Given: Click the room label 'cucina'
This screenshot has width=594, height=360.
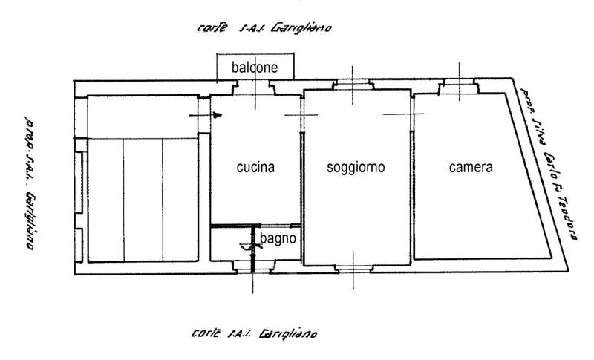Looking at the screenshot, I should pyautogui.click(x=255, y=168).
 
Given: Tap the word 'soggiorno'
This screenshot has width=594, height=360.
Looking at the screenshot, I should pyautogui.click(x=356, y=168).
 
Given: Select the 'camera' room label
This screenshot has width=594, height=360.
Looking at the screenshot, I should pyautogui.click(x=471, y=168).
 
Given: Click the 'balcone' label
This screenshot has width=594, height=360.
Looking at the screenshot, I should pyautogui.click(x=254, y=67).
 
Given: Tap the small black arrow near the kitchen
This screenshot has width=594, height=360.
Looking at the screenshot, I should pyautogui.click(x=218, y=115).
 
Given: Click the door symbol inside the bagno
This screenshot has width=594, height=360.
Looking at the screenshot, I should pyautogui.click(x=249, y=249).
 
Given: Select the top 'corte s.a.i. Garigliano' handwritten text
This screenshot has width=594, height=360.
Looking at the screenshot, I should pyautogui.click(x=263, y=29).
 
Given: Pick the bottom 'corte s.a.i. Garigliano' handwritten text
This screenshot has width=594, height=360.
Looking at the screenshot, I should pyautogui.click(x=255, y=334).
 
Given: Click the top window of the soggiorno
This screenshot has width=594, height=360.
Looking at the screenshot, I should pyautogui.click(x=355, y=85).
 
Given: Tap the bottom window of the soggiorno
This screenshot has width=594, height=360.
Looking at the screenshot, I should pyautogui.click(x=355, y=268).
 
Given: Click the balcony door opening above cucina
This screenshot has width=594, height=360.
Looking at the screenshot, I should pyautogui.click(x=255, y=88).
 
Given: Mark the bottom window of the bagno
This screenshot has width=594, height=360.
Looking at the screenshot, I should pyautogui.click(x=252, y=269).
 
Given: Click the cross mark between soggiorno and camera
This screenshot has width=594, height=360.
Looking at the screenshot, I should pyautogui.click(x=410, y=114).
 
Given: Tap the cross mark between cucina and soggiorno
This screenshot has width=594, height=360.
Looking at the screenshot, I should pyautogui.click(x=302, y=114).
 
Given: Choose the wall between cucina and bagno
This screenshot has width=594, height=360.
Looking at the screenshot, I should pyautogui.click(x=255, y=226).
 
